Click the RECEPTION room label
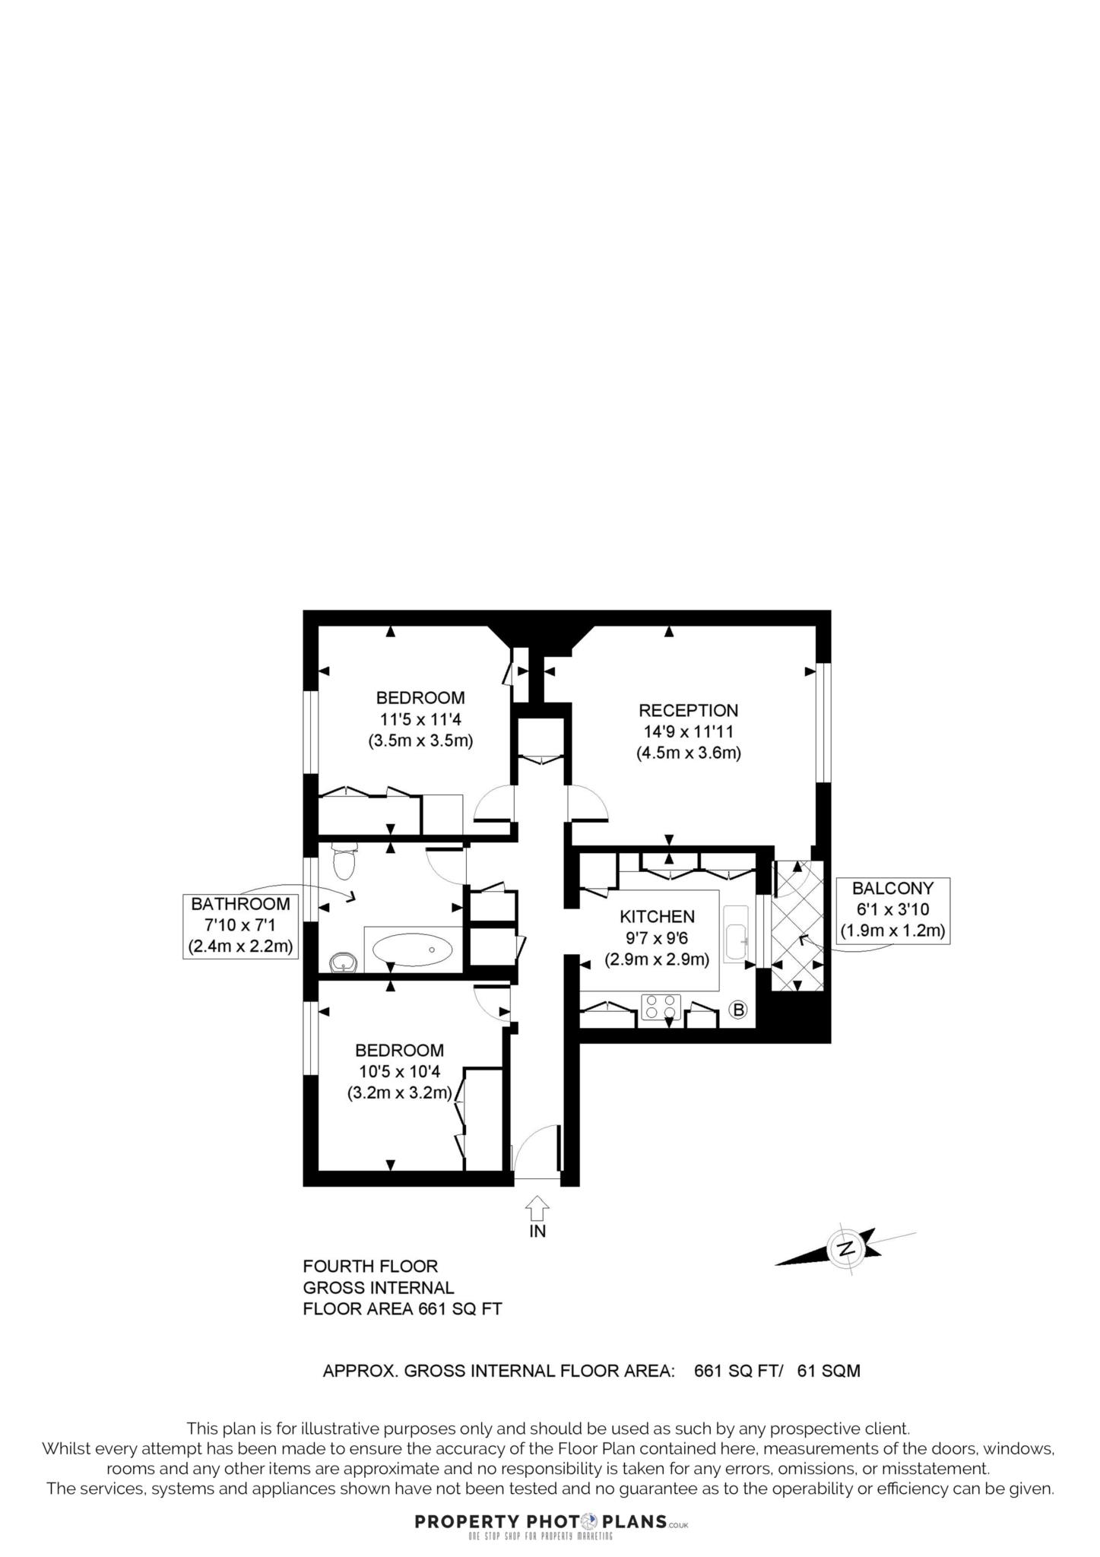point(688,710)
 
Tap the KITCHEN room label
point(657,916)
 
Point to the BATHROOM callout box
point(240,925)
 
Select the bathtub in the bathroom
point(413,950)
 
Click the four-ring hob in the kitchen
point(660,1007)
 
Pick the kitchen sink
point(736,932)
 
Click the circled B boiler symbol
point(737,1010)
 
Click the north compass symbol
point(845,1248)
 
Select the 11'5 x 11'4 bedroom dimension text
point(420,719)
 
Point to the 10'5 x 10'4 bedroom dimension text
point(399,1072)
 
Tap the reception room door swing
point(587,803)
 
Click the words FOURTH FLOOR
point(370,1267)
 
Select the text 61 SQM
point(829,1371)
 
